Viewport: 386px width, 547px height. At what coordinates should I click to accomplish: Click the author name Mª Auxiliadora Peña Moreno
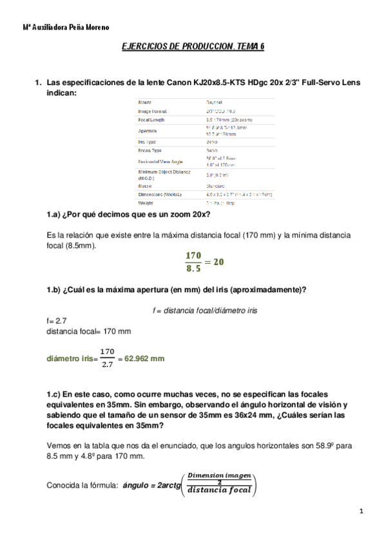(66, 28)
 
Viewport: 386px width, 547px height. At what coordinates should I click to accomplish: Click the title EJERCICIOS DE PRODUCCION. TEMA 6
(193, 47)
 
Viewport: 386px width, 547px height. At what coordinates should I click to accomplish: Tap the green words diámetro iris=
(70, 359)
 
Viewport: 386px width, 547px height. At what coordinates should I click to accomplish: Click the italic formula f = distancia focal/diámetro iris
(205, 310)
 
